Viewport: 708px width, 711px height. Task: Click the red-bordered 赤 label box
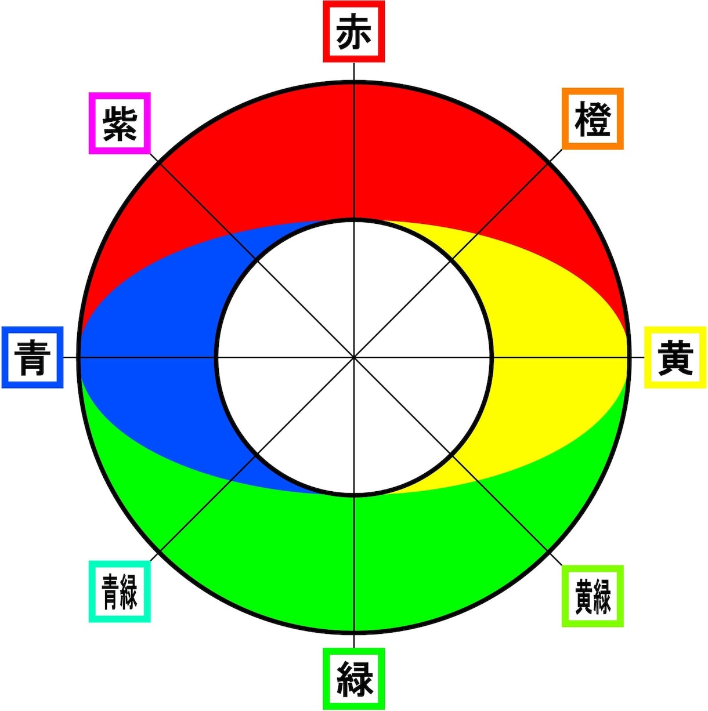(353, 31)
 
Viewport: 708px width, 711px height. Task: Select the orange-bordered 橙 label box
(593, 118)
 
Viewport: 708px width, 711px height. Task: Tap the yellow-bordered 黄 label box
(675, 357)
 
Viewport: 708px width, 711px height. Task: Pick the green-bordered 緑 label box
(353, 679)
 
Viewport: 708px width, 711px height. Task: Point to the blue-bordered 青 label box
(32, 357)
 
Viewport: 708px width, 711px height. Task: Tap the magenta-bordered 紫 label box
(120, 123)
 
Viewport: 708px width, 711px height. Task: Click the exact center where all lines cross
(354, 357)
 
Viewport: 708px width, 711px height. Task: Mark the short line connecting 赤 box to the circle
(354, 71)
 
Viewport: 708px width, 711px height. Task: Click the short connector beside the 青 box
(71, 357)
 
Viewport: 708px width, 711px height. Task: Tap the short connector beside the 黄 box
(637, 357)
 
